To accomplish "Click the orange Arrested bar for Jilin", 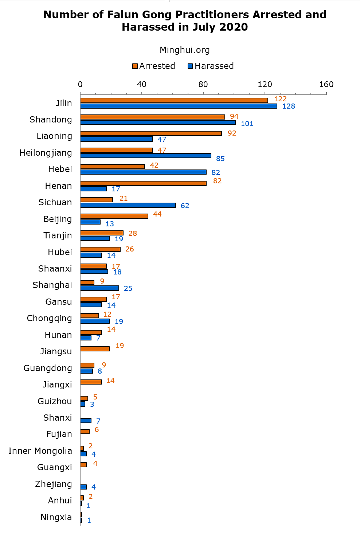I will pyautogui.click(x=174, y=100).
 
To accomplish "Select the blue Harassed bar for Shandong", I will pyautogui.click(x=158, y=122).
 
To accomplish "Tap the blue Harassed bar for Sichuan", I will pyautogui.click(x=128, y=205).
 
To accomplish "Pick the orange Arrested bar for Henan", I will pyautogui.click(x=143, y=183).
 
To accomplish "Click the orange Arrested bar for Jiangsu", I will pyautogui.click(x=95, y=349).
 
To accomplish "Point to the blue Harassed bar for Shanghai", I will pyautogui.click(x=99, y=288).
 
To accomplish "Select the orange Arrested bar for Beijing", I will pyautogui.click(x=114, y=216).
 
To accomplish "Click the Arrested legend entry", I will pyautogui.click(x=154, y=66).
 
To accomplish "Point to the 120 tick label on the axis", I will pyautogui.click(x=265, y=85).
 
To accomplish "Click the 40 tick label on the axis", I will pyautogui.click(x=142, y=85).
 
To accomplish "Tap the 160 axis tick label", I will pyautogui.click(x=326, y=85).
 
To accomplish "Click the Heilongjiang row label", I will pyautogui.click(x=46, y=153).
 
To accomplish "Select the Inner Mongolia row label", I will pyautogui.click(x=40, y=451).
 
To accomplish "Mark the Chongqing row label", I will pyautogui.click(x=50, y=318).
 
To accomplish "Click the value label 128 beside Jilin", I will pyautogui.click(x=289, y=106).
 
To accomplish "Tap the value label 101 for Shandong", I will pyautogui.click(x=247, y=124).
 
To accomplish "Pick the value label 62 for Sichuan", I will pyautogui.click(x=185, y=206).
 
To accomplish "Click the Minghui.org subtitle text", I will pyautogui.click(x=185, y=50).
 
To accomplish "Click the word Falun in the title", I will pyautogui.click(x=121, y=15).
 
